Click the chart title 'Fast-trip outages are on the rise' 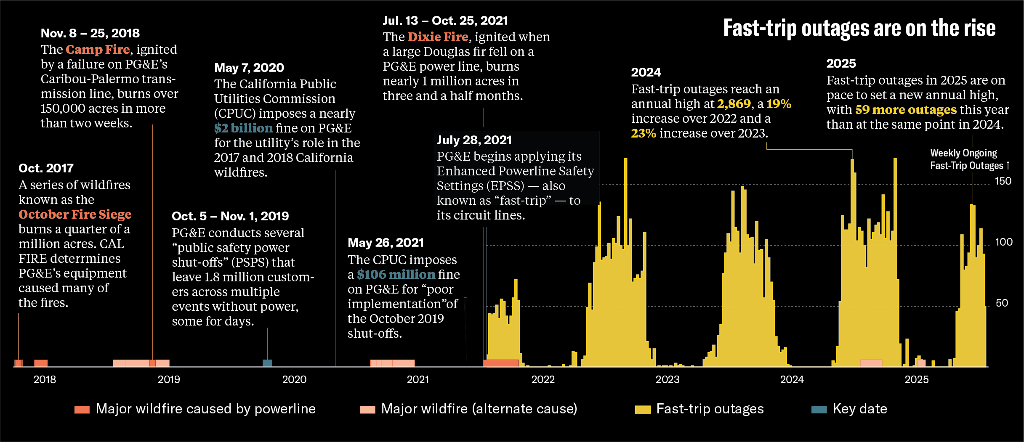coord(859,28)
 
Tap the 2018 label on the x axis coord(45,379)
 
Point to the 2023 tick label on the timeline coord(667,379)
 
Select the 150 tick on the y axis coord(1003,181)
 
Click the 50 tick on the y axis coord(1002,303)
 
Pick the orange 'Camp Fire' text coord(98,50)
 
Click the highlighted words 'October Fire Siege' coord(75,214)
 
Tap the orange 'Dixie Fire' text coord(438,37)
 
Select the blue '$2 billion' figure coord(243,128)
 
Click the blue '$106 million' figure coord(396,275)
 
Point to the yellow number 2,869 coord(734,104)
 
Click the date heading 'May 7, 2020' coord(249,68)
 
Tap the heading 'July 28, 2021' coord(474,140)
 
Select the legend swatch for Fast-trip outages coord(643,409)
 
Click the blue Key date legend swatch coord(819,409)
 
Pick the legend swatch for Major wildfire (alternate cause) coord(367,409)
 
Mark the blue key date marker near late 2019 coord(267,363)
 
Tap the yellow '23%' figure coord(643,133)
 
